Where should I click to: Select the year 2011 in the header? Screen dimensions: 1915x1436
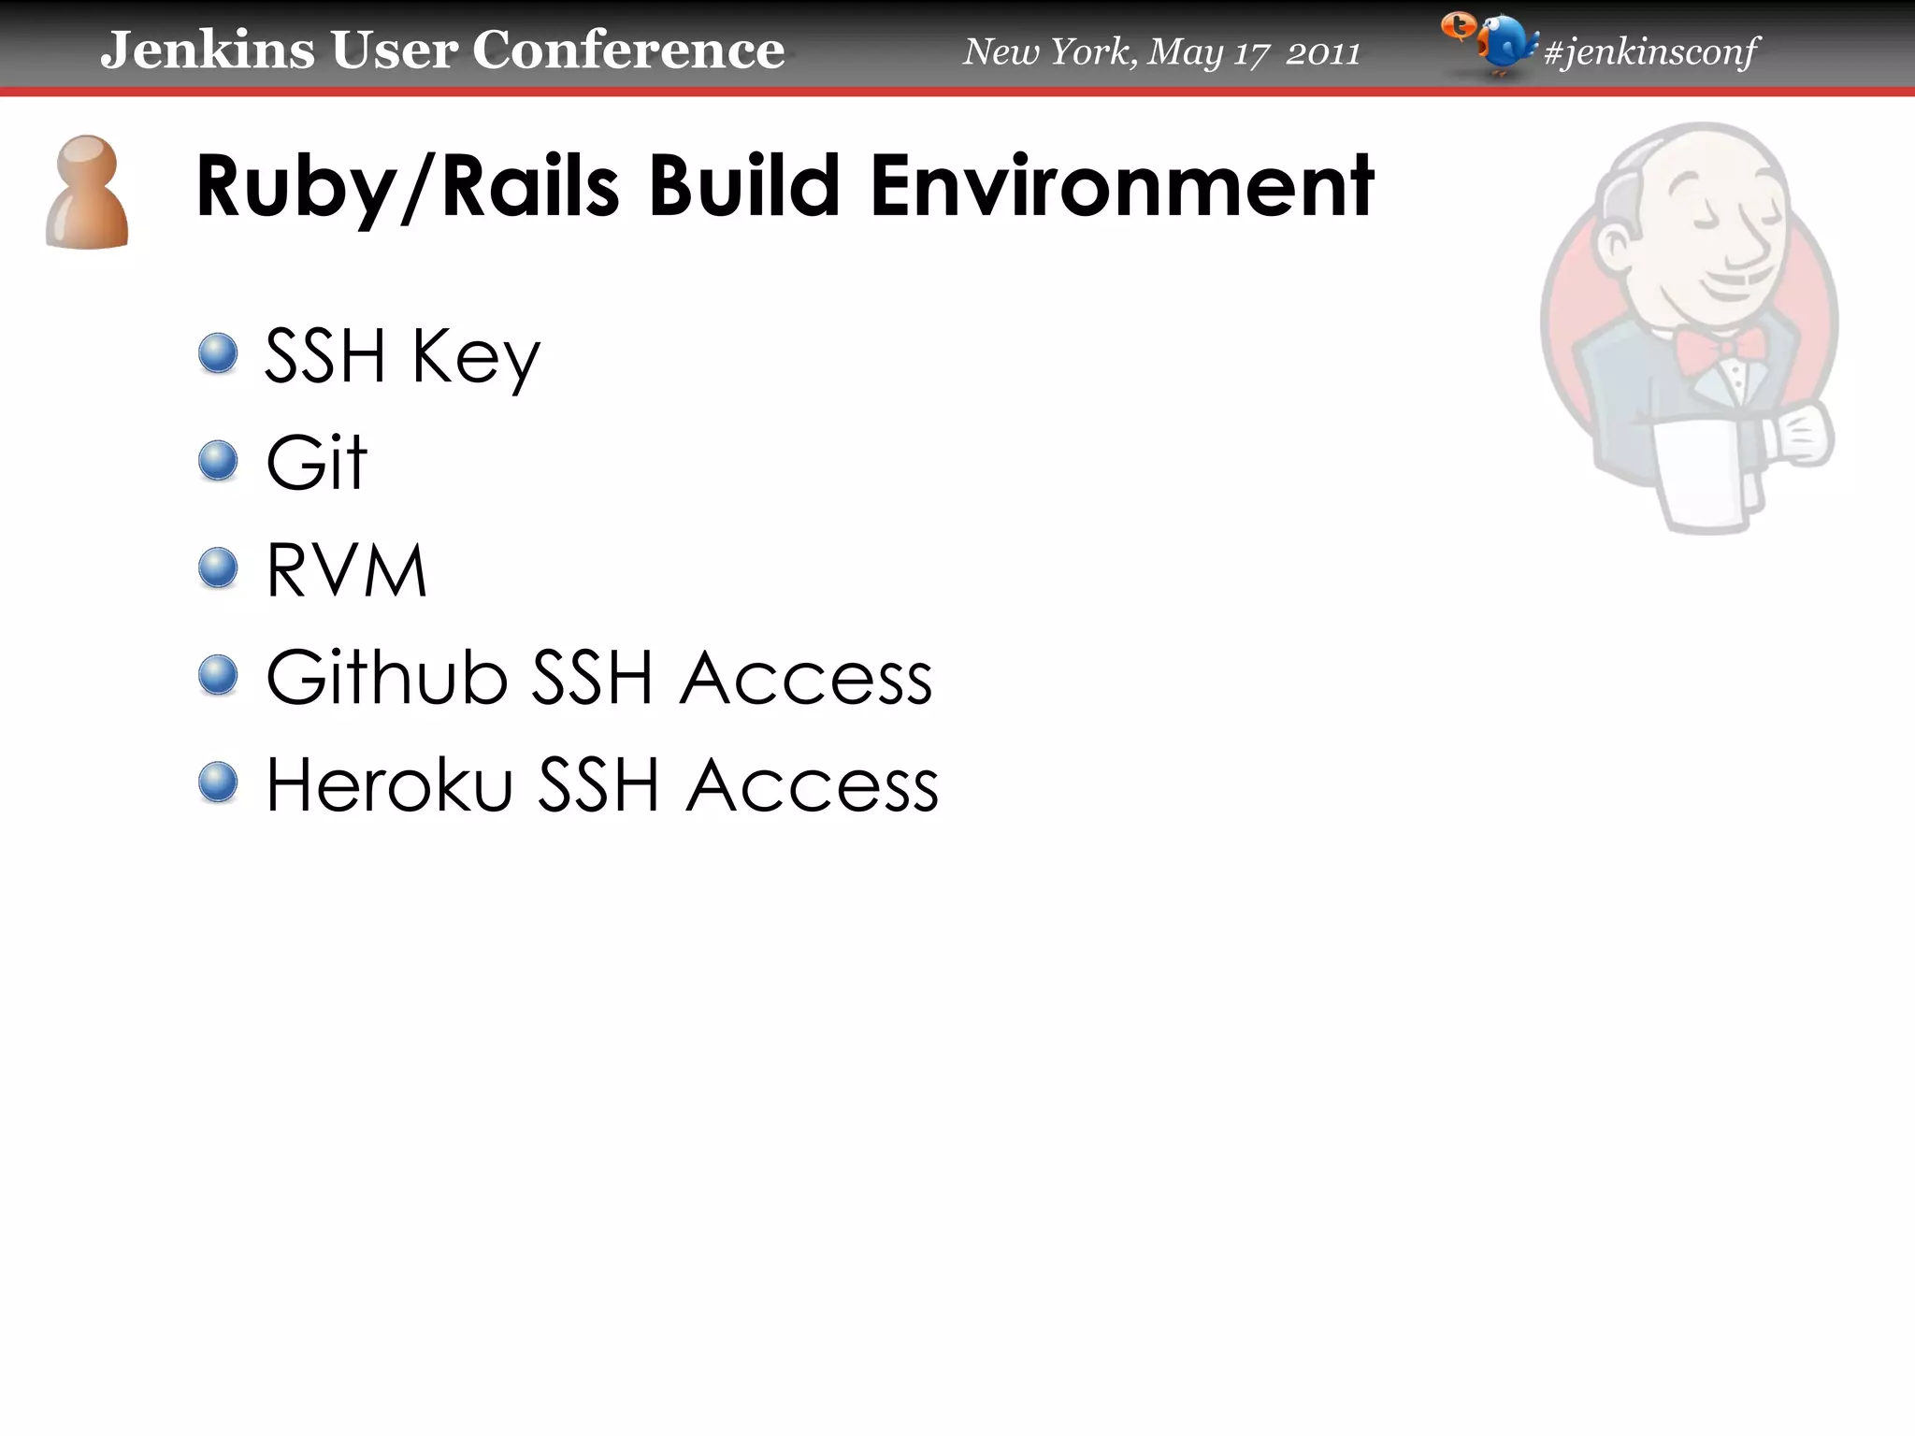[x=1322, y=53]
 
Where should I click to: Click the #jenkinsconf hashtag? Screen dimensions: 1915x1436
[x=1651, y=51]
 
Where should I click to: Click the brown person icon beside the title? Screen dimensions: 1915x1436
[x=87, y=194]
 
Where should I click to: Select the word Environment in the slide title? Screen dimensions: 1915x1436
[x=1122, y=187]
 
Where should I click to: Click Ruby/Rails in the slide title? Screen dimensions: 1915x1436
[x=408, y=187]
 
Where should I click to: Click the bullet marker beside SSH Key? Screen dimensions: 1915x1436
[x=219, y=354]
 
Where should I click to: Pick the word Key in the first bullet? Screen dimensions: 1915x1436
[x=476, y=358]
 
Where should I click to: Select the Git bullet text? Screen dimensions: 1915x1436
[x=317, y=462]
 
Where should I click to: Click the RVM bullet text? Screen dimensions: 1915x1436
[x=347, y=569]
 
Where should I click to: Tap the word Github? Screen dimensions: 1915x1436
[x=387, y=677]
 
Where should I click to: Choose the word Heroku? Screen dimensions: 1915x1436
[x=390, y=784]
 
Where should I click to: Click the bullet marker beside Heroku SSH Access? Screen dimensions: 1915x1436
[x=219, y=783]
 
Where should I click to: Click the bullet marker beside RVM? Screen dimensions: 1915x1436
[x=219, y=567]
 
